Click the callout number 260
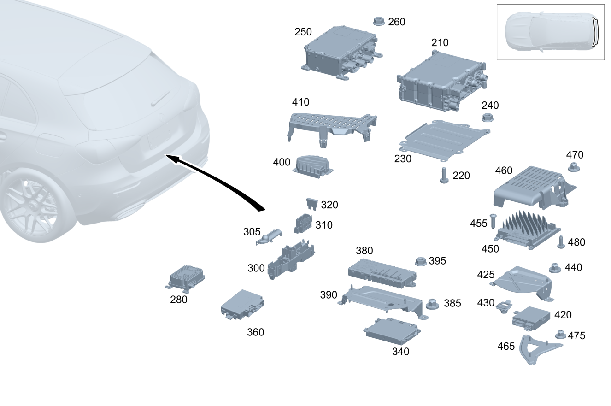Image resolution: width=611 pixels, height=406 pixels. tap(397, 22)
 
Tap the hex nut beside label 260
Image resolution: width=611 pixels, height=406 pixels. tap(379, 21)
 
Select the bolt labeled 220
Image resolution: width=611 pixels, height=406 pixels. tap(444, 176)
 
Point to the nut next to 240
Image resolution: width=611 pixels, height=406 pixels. tap(488, 118)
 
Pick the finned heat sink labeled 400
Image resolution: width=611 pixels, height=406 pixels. tap(313, 167)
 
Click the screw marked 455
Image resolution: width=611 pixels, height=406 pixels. tap(493, 221)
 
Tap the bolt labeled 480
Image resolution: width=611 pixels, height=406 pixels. tap(561, 242)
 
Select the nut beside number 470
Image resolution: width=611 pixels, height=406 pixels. tap(574, 167)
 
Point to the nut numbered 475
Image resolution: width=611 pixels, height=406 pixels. tap(560, 335)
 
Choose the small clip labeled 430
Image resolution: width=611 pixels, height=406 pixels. tap(504, 306)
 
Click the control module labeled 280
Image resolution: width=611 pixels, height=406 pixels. tap(185, 278)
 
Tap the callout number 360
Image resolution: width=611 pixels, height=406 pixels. tap(256, 332)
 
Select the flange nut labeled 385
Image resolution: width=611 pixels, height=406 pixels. tap(432, 304)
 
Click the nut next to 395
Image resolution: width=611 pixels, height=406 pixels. tap(421, 261)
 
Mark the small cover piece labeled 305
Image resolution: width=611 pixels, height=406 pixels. tap(269, 237)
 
